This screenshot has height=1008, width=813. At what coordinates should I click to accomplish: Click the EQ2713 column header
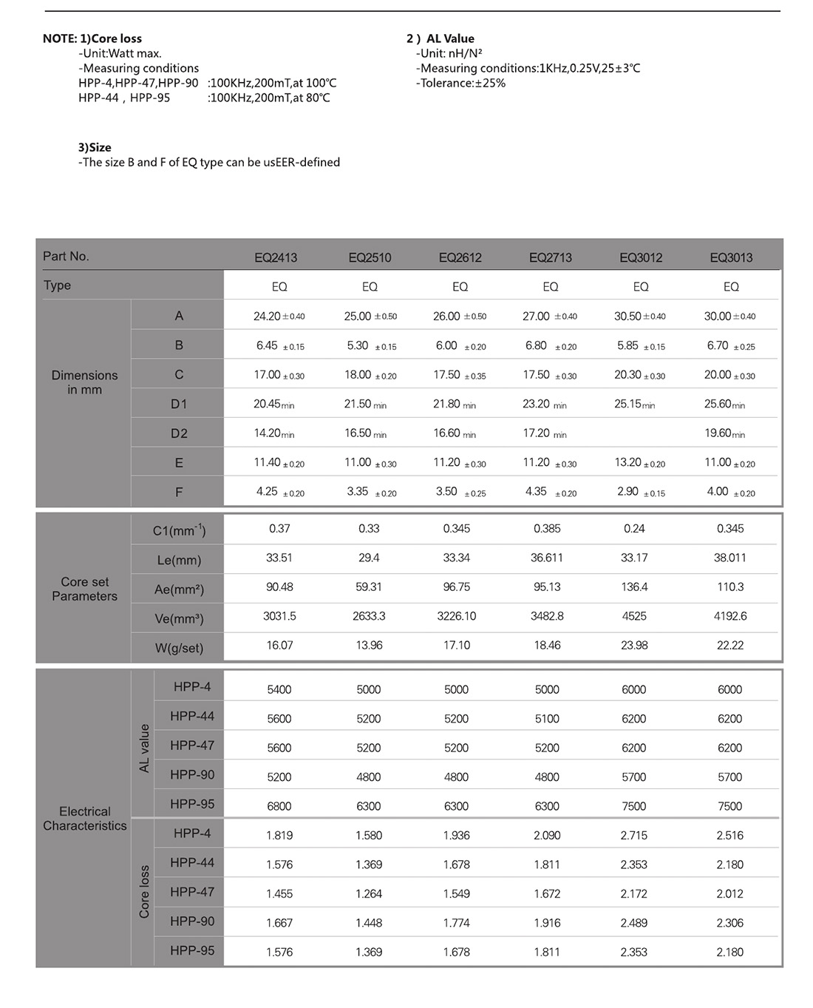click(x=550, y=257)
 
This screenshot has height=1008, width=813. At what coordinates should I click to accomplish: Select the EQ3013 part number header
click(x=731, y=257)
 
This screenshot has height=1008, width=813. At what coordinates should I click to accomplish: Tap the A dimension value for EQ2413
click(x=279, y=317)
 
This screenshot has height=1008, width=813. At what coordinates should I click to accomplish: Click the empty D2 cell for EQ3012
click(x=640, y=433)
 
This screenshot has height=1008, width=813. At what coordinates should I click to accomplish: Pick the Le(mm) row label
click(x=179, y=560)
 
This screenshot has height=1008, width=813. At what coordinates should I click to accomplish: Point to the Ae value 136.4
click(x=634, y=586)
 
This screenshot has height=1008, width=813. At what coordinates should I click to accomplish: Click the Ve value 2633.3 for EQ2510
click(x=369, y=616)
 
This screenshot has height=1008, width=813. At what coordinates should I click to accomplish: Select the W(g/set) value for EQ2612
click(x=457, y=645)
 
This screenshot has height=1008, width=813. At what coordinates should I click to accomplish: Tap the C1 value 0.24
click(x=634, y=529)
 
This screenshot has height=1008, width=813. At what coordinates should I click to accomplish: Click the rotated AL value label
click(x=144, y=748)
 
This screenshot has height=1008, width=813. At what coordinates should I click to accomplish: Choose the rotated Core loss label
click(x=144, y=892)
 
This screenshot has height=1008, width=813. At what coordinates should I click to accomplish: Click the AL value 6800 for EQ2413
click(x=279, y=806)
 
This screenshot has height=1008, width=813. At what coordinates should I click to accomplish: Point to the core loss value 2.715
click(x=634, y=836)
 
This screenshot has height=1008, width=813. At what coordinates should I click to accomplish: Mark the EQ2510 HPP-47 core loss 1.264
click(x=369, y=894)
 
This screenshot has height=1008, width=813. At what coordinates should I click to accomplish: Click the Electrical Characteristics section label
click(x=84, y=819)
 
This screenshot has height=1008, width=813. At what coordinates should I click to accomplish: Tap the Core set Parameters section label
click(x=84, y=589)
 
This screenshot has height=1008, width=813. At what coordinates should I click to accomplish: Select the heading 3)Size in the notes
click(x=95, y=147)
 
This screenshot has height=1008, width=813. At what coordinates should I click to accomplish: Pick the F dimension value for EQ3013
click(x=729, y=492)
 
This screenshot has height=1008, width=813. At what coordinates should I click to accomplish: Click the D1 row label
click(x=179, y=404)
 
